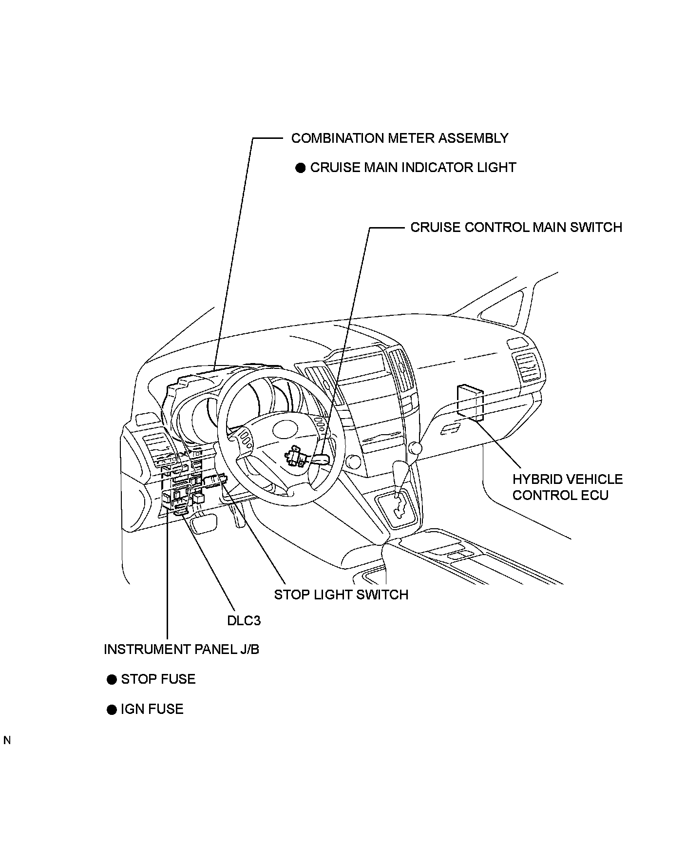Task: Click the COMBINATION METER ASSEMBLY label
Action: pos(400,138)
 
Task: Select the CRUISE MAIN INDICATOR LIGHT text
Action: pos(413,168)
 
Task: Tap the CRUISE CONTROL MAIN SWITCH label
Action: pos(516,228)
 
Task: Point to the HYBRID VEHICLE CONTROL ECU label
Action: pos(567,487)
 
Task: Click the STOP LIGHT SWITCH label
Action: pos(341,595)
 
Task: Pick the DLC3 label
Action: pos(244,620)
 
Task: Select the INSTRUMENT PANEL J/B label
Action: pos(181,650)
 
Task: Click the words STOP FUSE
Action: pos(158,679)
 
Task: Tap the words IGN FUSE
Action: pos(152,709)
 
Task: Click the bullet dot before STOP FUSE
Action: pos(112,680)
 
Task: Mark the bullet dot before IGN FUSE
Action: pos(112,710)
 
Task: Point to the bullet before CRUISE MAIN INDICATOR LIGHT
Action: pos(301,168)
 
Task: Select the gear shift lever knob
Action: pos(415,447)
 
